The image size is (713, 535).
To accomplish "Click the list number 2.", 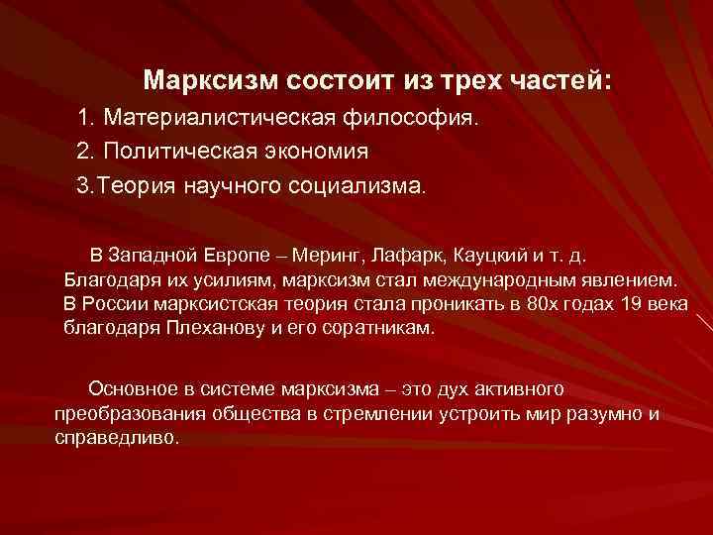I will pos(83,152).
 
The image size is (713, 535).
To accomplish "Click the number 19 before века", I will pos(630,303).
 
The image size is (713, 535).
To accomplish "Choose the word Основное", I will pos(138,387).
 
